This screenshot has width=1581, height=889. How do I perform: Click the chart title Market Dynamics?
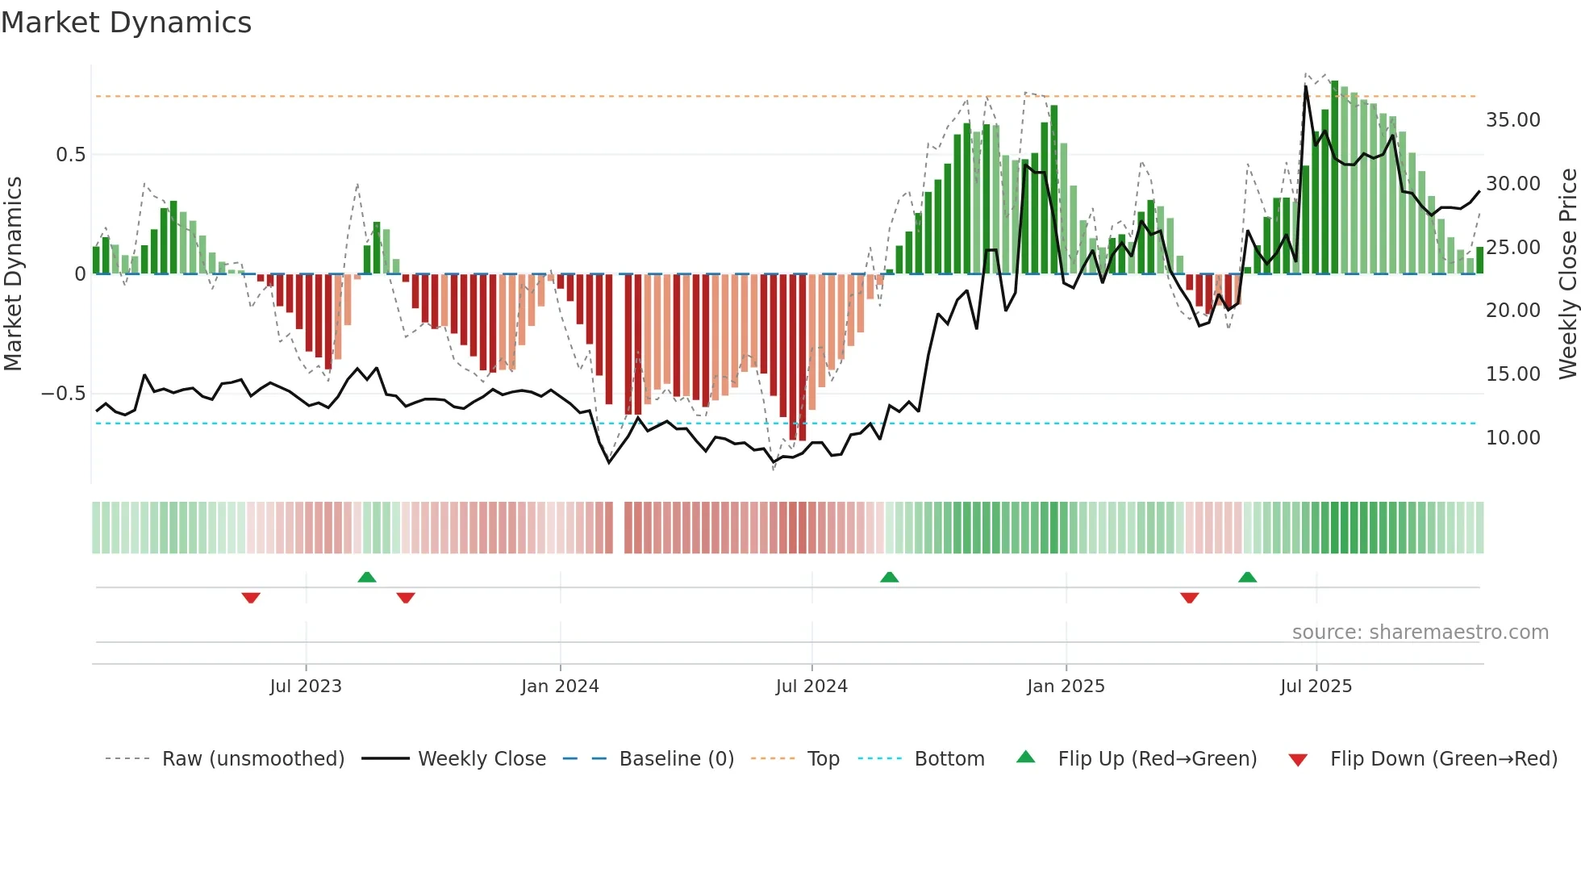pos(127,23)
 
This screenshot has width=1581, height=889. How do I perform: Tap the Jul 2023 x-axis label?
pos(306,687)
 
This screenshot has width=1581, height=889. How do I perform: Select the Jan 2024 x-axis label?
pos(560,687)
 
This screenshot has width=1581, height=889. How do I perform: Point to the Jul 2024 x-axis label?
pos(811,687)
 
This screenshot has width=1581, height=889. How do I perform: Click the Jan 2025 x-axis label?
pos(1066,687)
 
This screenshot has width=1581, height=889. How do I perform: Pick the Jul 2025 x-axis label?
pos(1316,687)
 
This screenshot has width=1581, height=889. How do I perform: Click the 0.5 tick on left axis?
pos(70,155)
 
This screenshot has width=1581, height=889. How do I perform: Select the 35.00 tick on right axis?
pos(1512,120)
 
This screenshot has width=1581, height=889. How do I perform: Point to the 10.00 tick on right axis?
pos(1512,438)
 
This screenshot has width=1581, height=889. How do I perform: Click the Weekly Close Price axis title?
pos(1567,274)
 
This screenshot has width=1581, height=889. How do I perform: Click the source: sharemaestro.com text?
pos(1420,632)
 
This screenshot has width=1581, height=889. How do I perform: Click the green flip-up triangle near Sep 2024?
pos(889,578)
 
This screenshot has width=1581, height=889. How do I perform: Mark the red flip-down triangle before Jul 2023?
pos(251,598)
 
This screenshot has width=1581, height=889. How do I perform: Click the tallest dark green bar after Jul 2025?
pos(1335,177)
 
